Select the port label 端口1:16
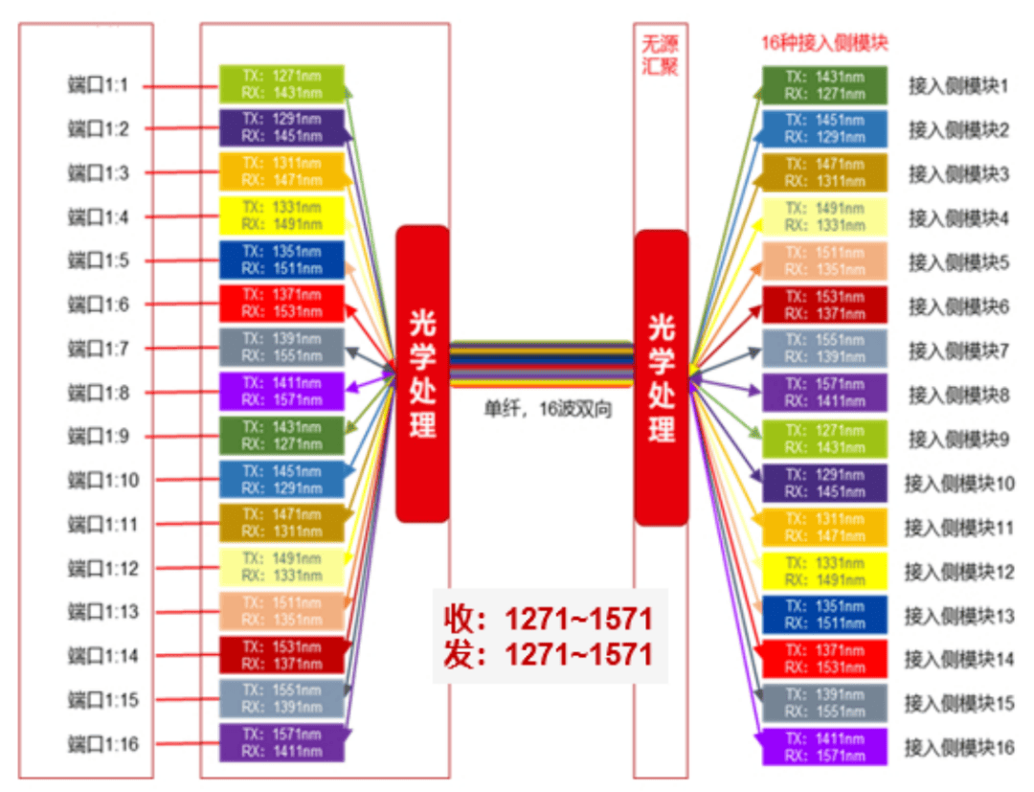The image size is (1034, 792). coord(101,744)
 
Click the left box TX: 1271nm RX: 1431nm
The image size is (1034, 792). coord(281,84)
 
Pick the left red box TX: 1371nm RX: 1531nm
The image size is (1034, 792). coord(281,304)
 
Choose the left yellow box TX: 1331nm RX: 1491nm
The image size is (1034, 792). coord(281,215)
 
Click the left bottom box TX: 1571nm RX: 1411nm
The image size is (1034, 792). coord(281,743)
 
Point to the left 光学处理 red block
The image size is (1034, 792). coord(422,373)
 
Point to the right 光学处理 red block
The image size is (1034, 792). coord(661,377)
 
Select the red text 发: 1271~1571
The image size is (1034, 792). coord(548,655)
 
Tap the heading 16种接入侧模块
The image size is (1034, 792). coord(824,44)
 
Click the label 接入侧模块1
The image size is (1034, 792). coord(958,85)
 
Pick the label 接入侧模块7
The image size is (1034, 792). coord(958,351)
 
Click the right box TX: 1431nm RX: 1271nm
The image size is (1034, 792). coord(824,85)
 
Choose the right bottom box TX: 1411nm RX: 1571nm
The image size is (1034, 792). coord(824,747)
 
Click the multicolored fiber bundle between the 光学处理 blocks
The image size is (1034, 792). coord(541,364)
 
